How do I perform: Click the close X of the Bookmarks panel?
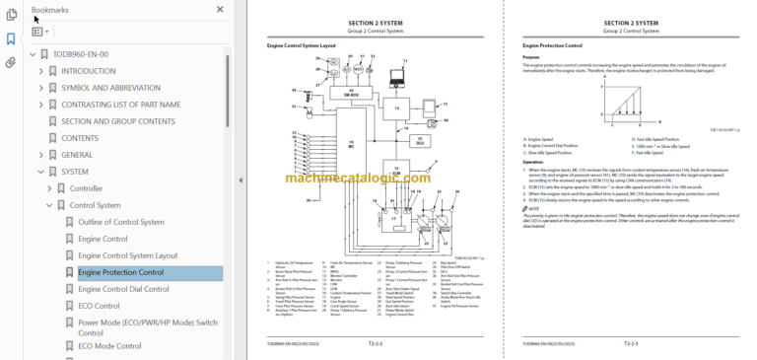click(220, 10)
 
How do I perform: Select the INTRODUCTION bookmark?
click(88, 71)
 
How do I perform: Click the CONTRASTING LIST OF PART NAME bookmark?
click(120, 105)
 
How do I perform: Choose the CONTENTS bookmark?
click(80, 138)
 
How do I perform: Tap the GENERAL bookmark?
click(77, 155)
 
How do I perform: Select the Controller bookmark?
click(86, 188)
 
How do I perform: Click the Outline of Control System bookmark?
click(121, 222)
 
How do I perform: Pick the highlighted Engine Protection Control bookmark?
click(120, 272)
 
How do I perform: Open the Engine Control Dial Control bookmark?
click(123, 289)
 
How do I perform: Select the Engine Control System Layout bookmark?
click(127, 255)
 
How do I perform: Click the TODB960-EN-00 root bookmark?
click(81, 54)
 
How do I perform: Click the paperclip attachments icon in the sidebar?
click(11, 62)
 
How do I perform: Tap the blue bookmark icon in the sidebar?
click(11, 39)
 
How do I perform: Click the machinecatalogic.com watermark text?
click(380, 178)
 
